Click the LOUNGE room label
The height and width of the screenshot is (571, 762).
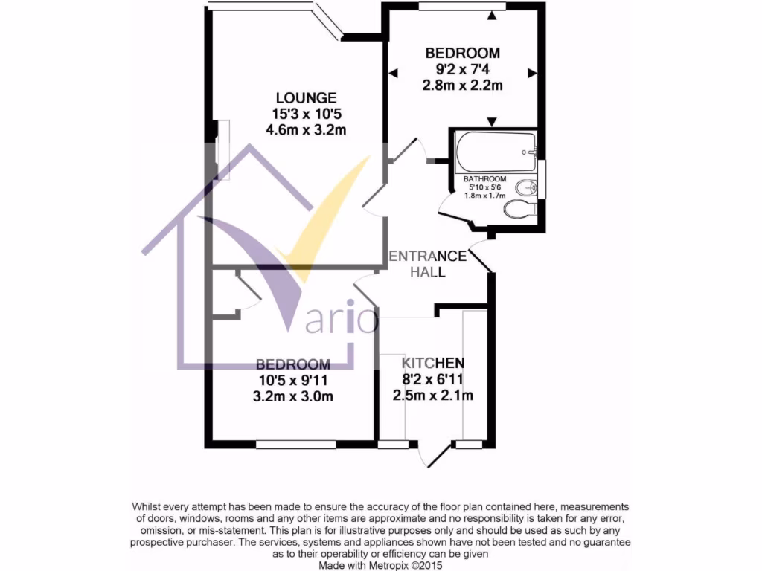coord(306,97)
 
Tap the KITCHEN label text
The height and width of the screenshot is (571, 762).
coord(433,363)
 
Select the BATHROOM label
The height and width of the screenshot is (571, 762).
coord(485,179)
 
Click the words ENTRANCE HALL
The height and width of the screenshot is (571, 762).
coord(429,264)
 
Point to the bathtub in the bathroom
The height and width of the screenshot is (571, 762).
coord(495,152)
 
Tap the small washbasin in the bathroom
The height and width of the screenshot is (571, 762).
coord(525,186)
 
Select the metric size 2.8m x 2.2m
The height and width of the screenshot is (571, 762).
coord(462,86)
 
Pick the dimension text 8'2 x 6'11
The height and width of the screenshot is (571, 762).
coord(433,379)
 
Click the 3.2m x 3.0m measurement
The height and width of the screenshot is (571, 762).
coord(292,396)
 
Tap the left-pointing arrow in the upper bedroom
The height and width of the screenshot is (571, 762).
coord(393,73)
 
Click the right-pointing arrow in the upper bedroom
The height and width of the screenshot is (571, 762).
coord(531,73)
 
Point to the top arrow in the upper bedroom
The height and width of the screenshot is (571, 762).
coord(492,15)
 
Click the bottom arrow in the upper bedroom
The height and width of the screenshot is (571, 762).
coord(492,122)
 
